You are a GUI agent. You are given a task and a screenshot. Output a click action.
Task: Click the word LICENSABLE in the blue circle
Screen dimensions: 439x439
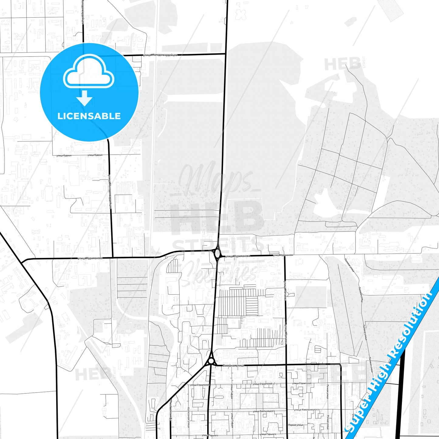pos(89,116)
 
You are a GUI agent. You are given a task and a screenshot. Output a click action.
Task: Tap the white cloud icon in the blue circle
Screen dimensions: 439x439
pos(88,73)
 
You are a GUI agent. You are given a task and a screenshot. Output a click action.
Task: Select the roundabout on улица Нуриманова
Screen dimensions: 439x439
pos(217,253)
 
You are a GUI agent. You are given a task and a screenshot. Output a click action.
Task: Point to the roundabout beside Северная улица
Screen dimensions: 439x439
pos(211,361)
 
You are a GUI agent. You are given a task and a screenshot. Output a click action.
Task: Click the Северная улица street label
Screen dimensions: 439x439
pos(233,365)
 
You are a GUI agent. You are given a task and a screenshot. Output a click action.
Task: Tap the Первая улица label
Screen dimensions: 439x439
pos(295,425)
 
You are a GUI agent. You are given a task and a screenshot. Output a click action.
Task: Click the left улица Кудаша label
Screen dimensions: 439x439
pos(64,155)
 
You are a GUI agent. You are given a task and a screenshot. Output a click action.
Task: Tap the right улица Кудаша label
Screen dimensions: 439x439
pos(95,155)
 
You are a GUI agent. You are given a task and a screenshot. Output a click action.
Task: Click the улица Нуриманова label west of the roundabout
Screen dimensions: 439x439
pos(90,258)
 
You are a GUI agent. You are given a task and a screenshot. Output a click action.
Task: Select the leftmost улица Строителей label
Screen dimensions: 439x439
pos(200,385)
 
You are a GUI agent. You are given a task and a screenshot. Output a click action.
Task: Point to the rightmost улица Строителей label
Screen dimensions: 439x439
pos(302,383)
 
